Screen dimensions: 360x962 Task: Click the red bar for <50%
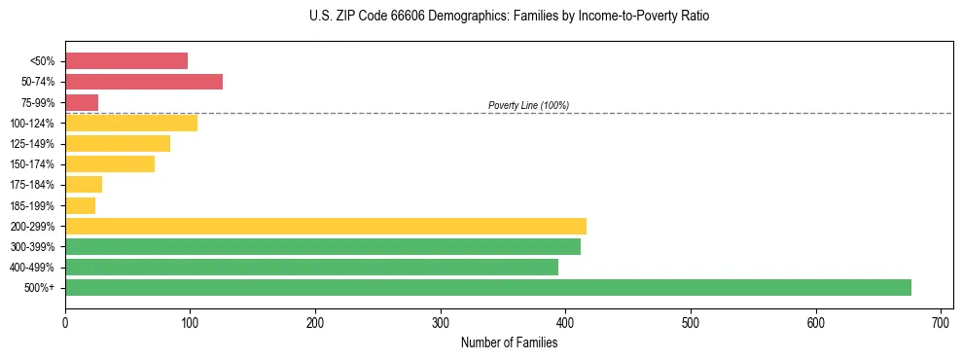click(126, 61)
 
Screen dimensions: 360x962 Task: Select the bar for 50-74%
click(144, 82)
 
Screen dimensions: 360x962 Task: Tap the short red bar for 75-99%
click(82, 102)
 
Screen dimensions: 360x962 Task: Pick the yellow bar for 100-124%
click(131, 123)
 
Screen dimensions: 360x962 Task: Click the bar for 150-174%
click(110, 163)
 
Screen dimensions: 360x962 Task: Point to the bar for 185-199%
click(80, 205)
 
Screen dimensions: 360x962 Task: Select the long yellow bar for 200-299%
click(326, 226)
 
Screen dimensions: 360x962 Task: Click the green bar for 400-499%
click(311, 267)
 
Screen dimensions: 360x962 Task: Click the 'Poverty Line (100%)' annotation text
click(528, 105)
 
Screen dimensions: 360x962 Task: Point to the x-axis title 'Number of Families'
click(509, 342)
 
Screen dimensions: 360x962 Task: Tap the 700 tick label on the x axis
click(941, 321)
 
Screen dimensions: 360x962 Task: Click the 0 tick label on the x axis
click(65, 321)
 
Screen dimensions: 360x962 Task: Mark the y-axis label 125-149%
click(32, 144)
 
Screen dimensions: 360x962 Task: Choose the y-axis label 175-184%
click(32, 185)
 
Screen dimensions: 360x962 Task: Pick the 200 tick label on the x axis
click(315, 321)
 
